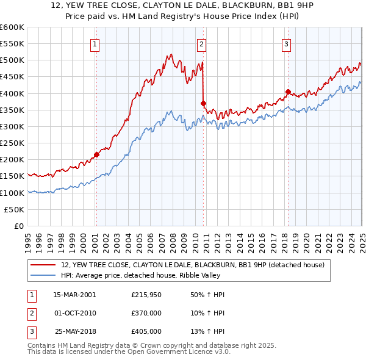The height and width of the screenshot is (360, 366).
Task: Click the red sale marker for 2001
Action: tap(96, 154)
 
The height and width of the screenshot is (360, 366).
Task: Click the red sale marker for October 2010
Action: tap(203, 103)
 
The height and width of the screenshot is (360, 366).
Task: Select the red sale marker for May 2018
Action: tap(288, 92)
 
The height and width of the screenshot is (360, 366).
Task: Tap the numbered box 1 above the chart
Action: tap(96, 43)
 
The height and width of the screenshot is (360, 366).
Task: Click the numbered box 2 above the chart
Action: tap(201, 43)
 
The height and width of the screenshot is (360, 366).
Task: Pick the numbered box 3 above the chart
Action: tap(286, 43)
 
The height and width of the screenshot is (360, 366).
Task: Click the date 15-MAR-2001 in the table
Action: tap(74, 295)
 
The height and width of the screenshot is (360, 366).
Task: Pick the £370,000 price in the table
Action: tap(146, 313)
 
